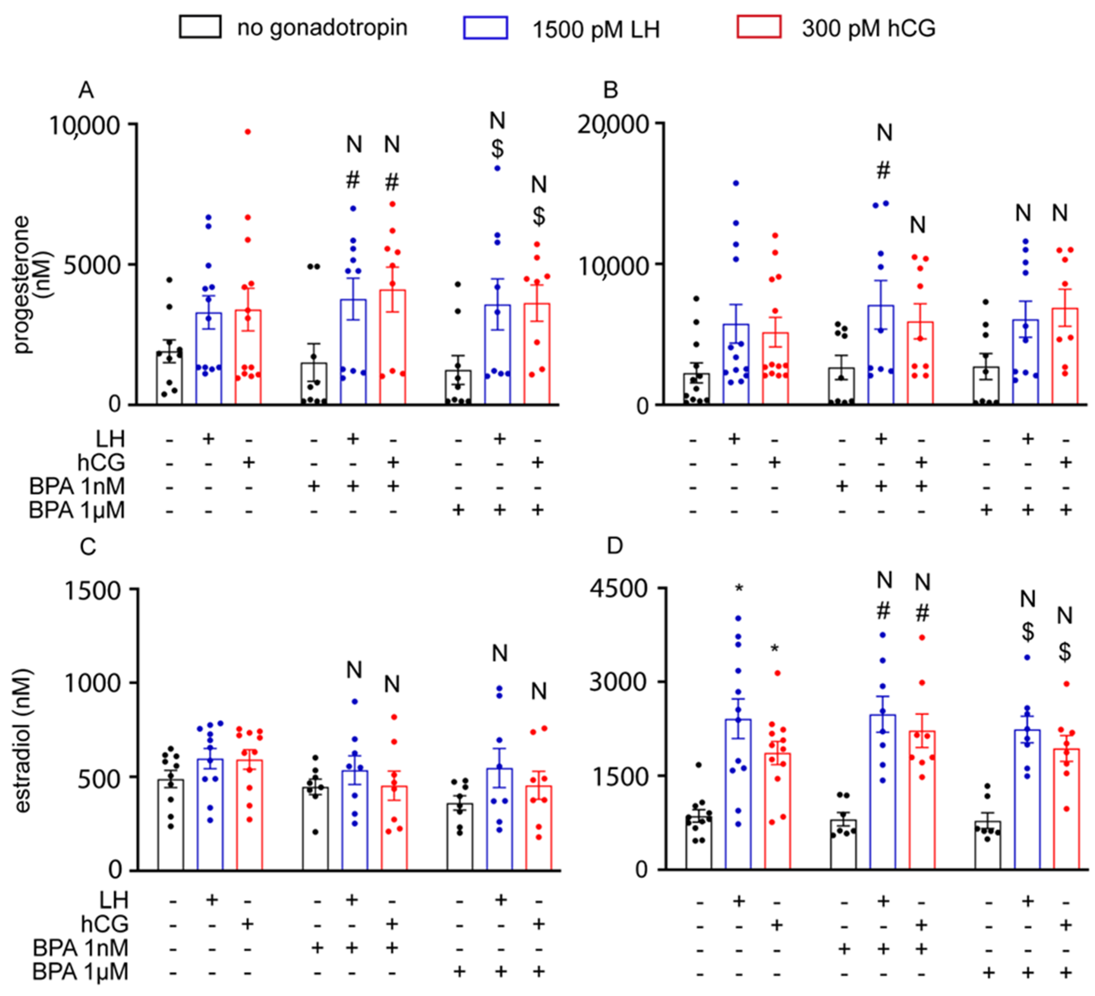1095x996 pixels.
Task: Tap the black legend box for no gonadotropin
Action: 200,27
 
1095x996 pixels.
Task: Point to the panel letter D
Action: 614,546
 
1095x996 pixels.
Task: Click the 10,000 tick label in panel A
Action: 84,126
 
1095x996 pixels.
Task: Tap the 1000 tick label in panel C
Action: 92,683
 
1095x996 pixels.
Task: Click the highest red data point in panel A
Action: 248,132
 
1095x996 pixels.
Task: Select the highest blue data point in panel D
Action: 738,618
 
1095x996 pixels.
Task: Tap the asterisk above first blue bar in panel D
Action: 739,589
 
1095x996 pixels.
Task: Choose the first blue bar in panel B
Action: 735,364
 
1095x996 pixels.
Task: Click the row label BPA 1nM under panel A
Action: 77,486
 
